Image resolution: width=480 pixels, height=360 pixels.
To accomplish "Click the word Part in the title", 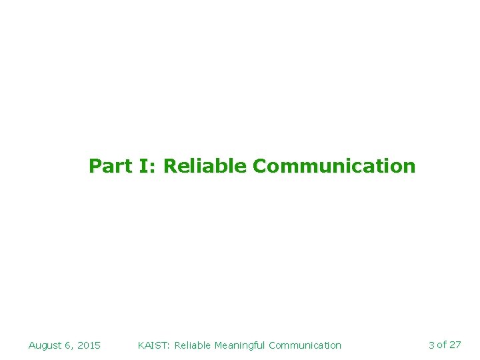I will [x=111, y=166].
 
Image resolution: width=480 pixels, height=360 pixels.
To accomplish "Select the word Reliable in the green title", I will [x=205, y=166].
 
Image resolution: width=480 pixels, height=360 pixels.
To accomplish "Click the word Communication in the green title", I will [x=334, y=166].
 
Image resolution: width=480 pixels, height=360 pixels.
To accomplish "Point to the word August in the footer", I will [x=45, y=345].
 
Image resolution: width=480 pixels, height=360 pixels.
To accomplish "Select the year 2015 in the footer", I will [x=89, y=345].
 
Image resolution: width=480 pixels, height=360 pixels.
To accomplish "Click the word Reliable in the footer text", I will [x=193, y=345].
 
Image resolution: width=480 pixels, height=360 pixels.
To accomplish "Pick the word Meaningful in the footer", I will [x=239, y=345].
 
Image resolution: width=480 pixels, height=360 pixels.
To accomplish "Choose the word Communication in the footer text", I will [x=305, y=345].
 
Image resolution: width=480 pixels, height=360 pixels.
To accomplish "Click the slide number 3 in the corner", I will [x=431, y=345].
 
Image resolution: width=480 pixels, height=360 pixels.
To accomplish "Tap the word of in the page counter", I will [x=441, y=345].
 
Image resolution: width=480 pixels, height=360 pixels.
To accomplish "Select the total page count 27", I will [x=455, y=345].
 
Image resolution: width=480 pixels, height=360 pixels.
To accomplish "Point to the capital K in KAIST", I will [x=141, y=345].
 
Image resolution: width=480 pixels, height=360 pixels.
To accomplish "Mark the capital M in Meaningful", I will [x=218, y=345].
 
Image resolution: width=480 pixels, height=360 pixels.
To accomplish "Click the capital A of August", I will [x=32, y=345].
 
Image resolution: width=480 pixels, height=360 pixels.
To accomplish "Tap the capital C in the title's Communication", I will [x=259, y=166].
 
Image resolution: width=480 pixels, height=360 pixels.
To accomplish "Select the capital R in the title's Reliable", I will [x=169, y=166].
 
